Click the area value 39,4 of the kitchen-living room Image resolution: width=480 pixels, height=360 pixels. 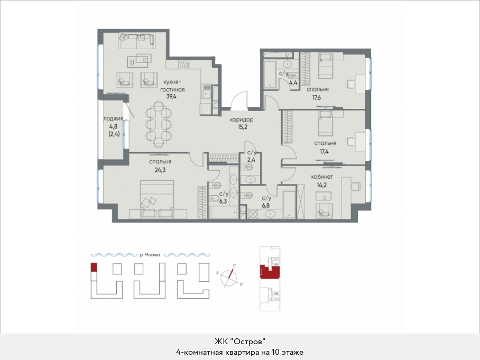tap(171, 96)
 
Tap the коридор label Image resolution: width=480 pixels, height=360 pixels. tap(242, 119)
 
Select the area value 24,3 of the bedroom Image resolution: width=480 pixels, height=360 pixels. tap(160, 170)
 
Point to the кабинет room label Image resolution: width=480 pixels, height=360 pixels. tap(322, 177)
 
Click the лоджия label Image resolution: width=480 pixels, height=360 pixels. tap(113, 119)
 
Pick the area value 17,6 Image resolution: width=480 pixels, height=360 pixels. tap(315, 98)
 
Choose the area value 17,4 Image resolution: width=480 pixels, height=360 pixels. tap(324, 152)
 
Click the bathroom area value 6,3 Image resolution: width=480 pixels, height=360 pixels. tap(224, 201)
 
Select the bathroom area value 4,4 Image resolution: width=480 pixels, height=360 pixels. tap(293, 82)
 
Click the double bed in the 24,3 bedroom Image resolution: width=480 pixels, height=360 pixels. tap(157, 199)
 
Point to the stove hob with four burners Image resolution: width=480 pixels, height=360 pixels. tap(183, 64)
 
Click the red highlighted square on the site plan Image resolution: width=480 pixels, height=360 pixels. tap(94, 267)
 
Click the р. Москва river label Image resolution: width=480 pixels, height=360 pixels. tap(150, 255)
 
